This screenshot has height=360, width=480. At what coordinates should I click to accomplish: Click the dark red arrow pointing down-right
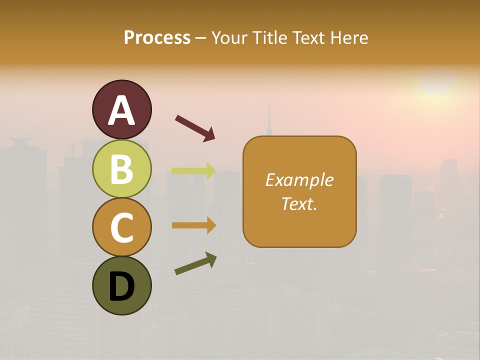[x=194, y=128]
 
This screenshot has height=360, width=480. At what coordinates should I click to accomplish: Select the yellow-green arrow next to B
[x=193, y=170]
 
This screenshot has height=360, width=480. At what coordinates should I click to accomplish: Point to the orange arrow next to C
[x=193, y=225]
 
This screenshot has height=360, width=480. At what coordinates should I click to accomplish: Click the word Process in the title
[x=157, y=37]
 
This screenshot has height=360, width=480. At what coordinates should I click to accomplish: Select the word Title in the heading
[x=268, y=37]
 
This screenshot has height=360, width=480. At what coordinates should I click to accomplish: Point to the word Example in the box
[x=299, y=180]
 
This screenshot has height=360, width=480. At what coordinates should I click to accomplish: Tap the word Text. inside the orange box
[x=299, y=203]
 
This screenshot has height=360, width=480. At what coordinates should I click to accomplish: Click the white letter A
[x=121, y=111]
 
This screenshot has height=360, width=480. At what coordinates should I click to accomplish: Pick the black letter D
[x=121, y=286]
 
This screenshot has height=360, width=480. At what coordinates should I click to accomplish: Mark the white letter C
[x=121, y=227]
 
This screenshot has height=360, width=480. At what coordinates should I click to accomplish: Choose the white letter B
[x=121, y=169]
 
